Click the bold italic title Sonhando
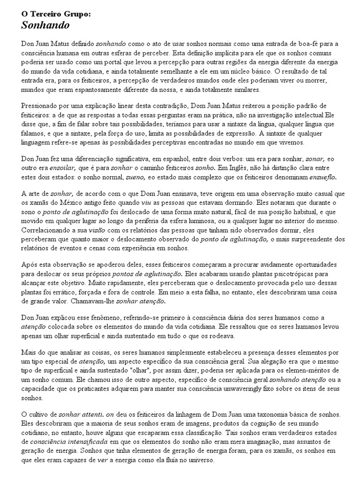point(45,25)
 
